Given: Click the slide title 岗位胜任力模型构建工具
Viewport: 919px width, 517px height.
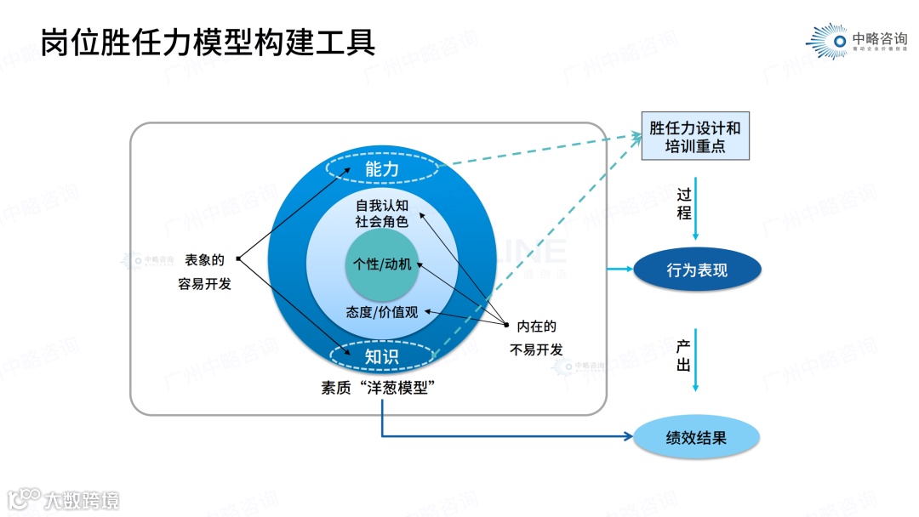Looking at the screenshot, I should tap(208, 41).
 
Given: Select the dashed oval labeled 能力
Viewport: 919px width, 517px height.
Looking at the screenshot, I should tap(382, 169).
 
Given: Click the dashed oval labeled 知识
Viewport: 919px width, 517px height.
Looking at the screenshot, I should tap(382, 356).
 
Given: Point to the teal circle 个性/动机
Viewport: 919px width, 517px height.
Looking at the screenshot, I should tap(382, 264).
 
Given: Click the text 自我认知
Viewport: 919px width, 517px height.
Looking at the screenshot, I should tap(382, 206).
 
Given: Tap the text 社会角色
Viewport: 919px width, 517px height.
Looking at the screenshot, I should tap(382, 223).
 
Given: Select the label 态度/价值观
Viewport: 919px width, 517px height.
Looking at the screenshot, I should tap(382, 311).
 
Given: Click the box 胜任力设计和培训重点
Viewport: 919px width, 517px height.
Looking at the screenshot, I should tap(694, 137).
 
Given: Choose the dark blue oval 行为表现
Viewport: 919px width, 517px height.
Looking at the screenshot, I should tap(697, 270).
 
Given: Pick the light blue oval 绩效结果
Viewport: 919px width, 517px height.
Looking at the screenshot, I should tap(696, 439).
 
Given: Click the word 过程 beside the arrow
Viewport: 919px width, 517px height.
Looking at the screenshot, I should tap(684, 204).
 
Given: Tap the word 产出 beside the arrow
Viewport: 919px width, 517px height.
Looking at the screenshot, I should tap(683, 356).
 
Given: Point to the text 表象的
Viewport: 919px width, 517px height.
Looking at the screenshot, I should tap(204, 260).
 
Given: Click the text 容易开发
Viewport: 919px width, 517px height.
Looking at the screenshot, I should tap(204, 284).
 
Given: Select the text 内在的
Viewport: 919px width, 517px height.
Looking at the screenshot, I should tap(536, 326).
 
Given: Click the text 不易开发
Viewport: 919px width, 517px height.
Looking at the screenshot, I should tap(536, 349).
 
